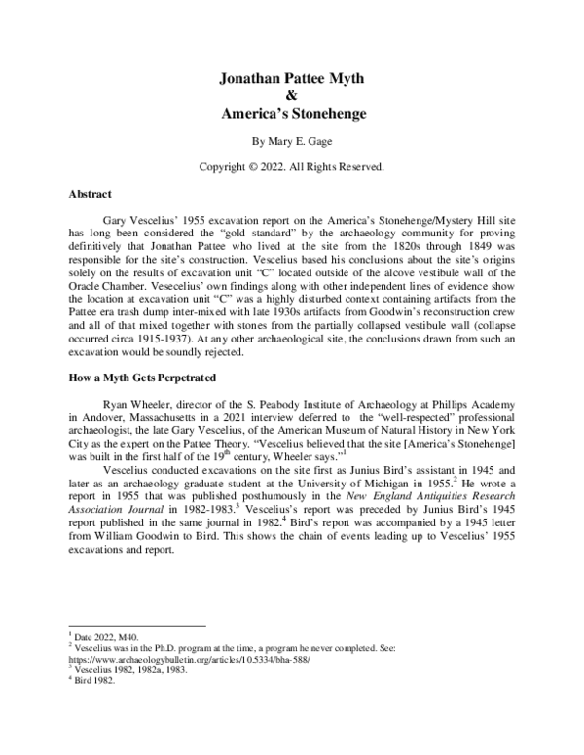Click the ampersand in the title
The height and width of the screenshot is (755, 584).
click(292, 96)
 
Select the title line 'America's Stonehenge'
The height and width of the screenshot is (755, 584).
click(292, 113)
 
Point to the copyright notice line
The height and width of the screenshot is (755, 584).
click(292, 167)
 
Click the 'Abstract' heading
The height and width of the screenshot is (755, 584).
click(91, 195)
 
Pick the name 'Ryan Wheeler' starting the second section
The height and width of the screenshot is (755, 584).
click(146, 400)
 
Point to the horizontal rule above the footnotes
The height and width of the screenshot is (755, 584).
click(136, 626)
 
